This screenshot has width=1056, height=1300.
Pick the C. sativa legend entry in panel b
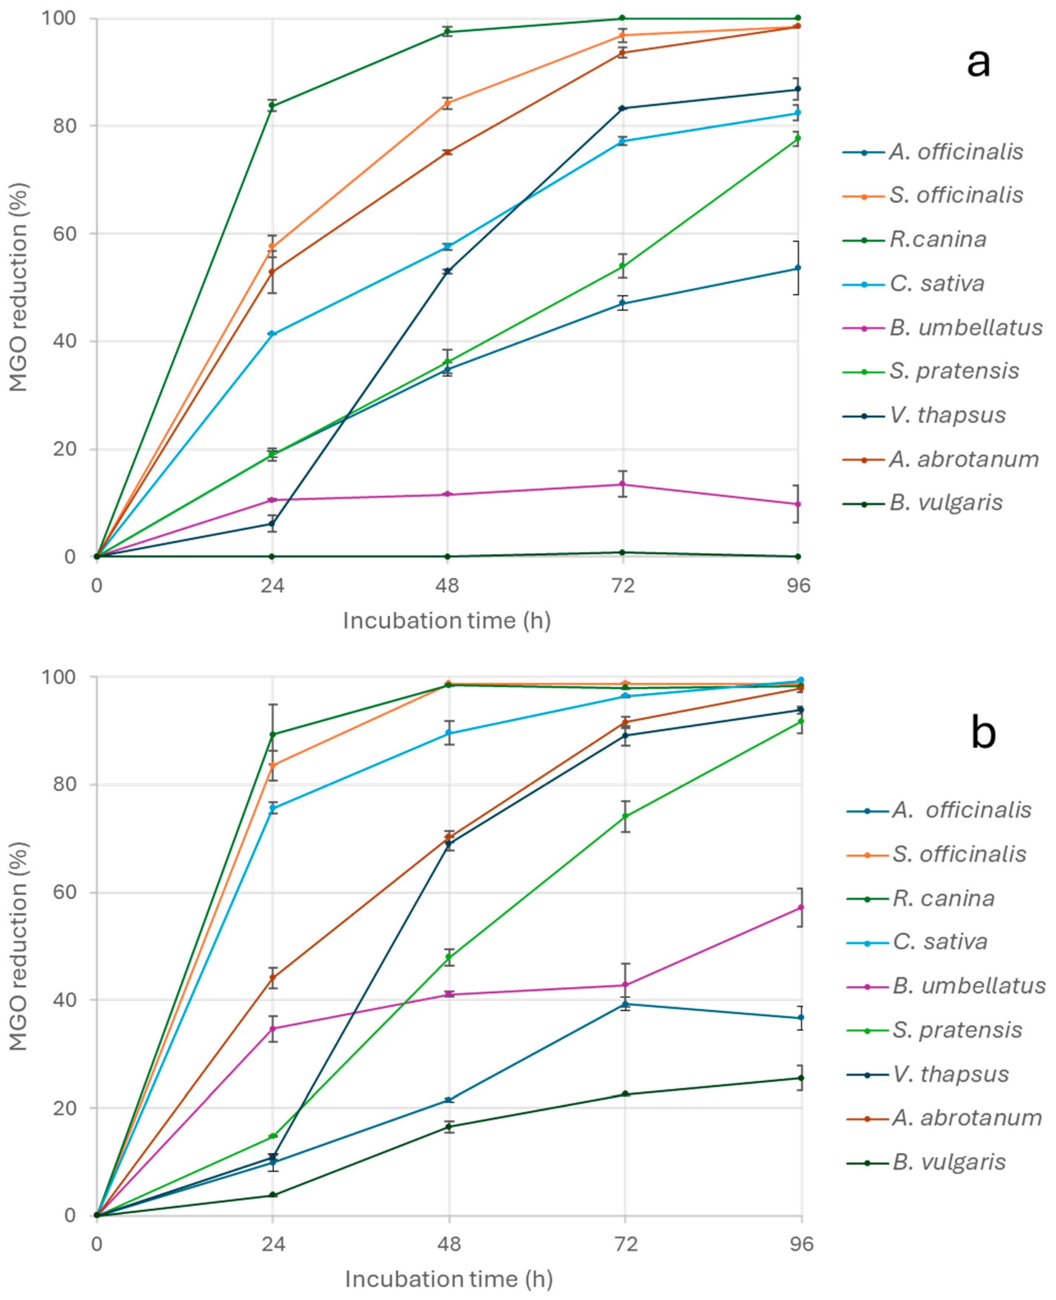pos(939,941)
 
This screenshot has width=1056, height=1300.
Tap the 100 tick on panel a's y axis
pos(58,18)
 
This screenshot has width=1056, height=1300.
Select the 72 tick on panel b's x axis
pos(625,1244)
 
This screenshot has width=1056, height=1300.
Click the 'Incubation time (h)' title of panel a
pos(447,621)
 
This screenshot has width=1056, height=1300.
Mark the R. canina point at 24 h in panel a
pos(273,106)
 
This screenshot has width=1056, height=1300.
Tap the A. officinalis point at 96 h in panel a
pos(798,268)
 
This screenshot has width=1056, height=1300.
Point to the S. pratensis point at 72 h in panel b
pos(625,817)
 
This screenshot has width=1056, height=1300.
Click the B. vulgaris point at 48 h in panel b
pos(449,1126)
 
